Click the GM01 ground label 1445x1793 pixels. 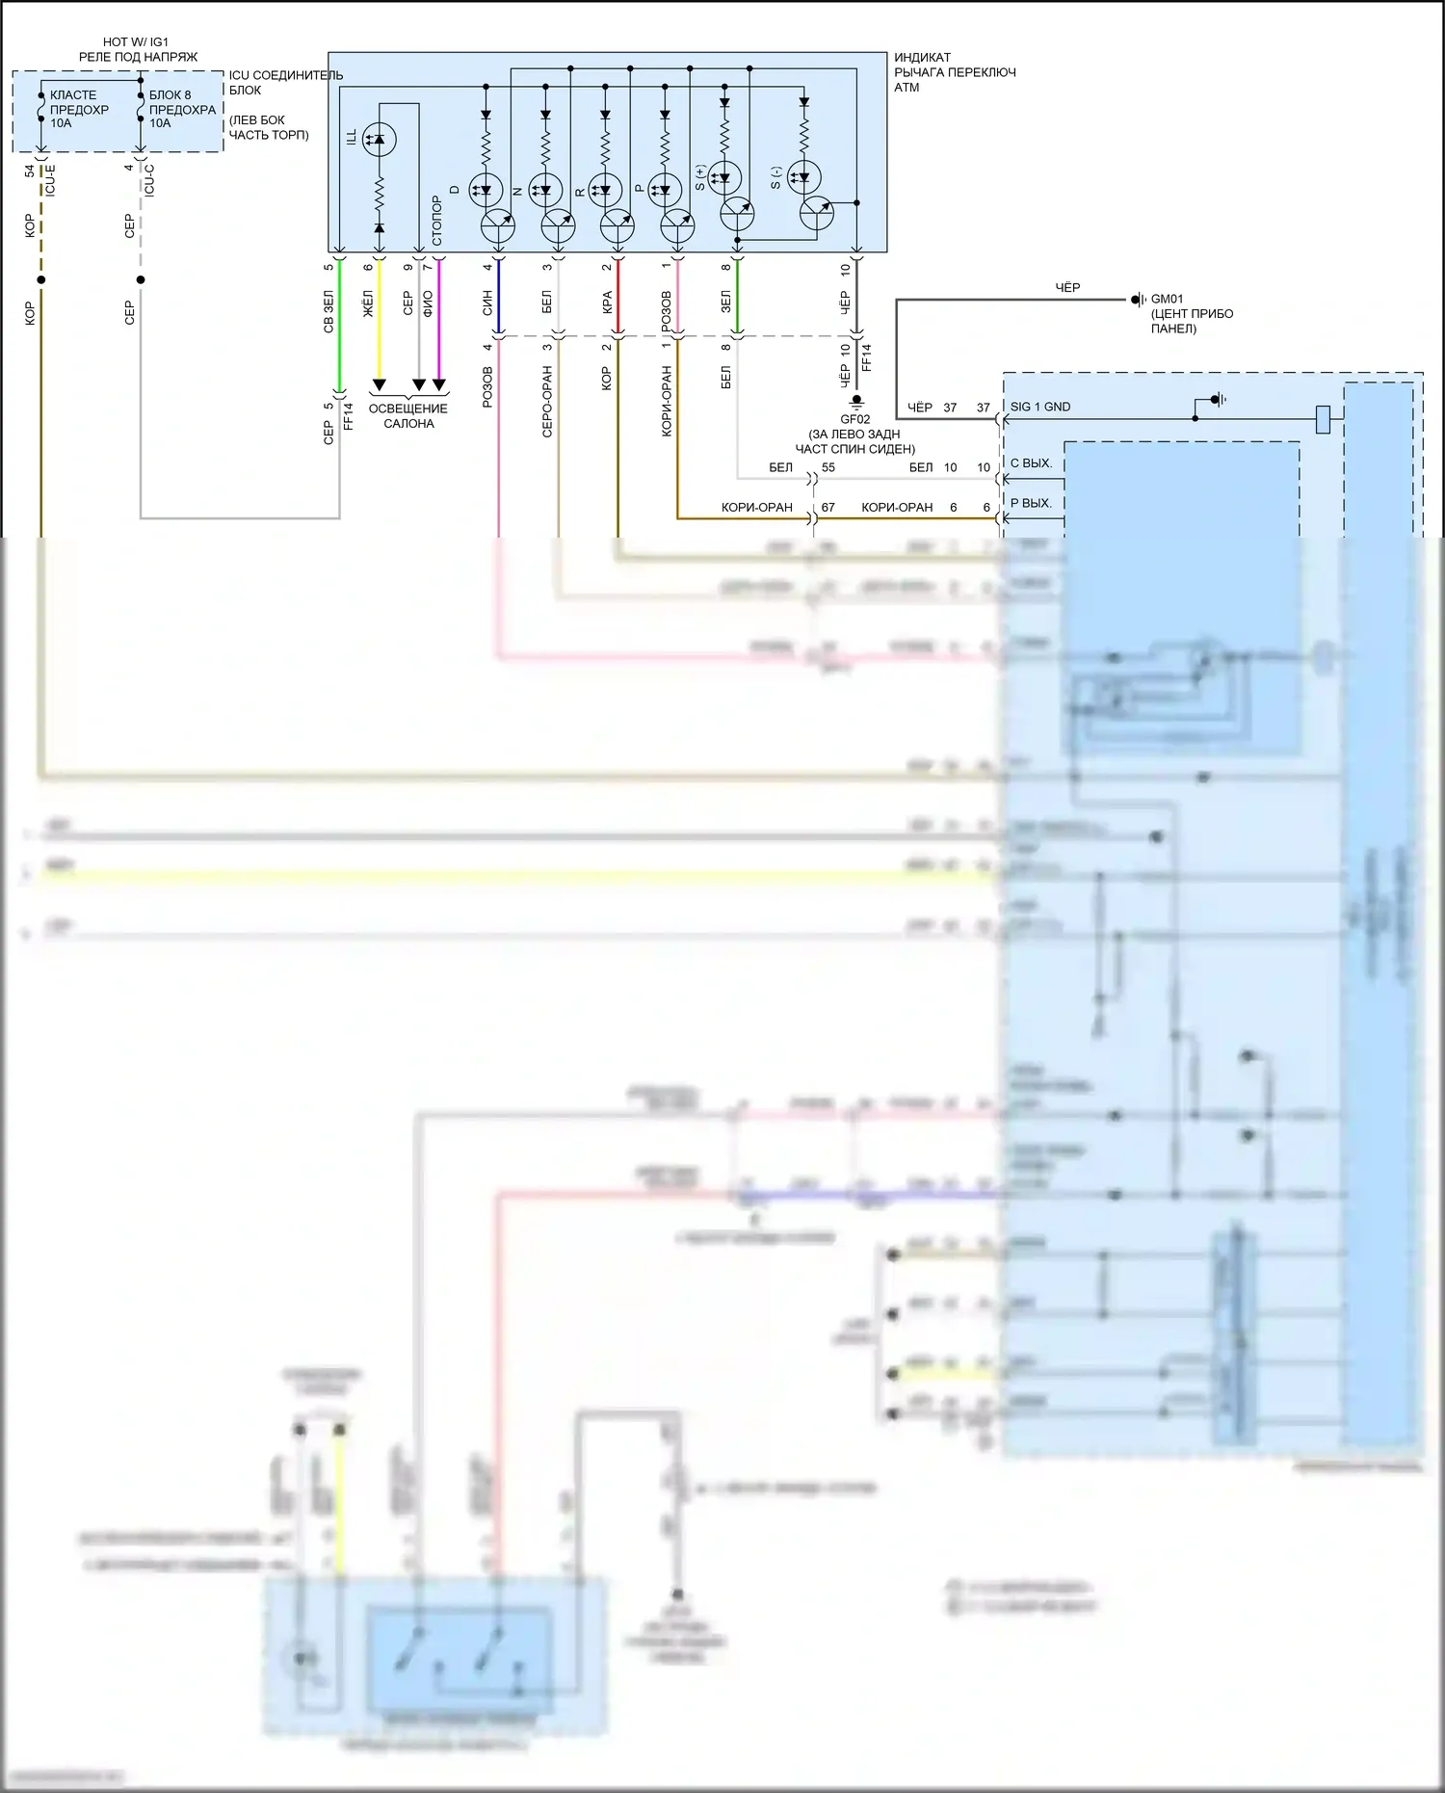point(1167,299)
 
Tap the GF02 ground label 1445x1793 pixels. point(854,419)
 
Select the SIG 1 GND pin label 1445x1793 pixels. point(1039,407)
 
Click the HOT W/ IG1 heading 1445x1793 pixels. point(136,42)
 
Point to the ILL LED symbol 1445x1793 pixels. point(379,141)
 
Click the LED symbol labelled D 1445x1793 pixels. point(486,190)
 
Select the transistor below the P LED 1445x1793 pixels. point(677,227)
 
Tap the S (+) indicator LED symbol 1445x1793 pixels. point(724,177)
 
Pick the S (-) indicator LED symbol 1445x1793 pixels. point(803,177)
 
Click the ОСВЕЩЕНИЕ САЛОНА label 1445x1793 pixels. point(408,416)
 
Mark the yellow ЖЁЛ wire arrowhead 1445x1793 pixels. point(379,385)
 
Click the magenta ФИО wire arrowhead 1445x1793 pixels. point(439,385)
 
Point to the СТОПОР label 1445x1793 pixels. point(436,221)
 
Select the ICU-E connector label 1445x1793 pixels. point(50,180)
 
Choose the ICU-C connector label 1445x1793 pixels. point(149,180)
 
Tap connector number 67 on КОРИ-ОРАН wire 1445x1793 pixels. point(828,507)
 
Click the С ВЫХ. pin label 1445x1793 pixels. point(1031,463)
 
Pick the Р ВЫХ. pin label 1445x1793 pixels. point(1031,503)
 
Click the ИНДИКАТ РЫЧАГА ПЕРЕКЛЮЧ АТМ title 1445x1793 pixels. point(954,72)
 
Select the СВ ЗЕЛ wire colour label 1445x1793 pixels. point(328,311)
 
